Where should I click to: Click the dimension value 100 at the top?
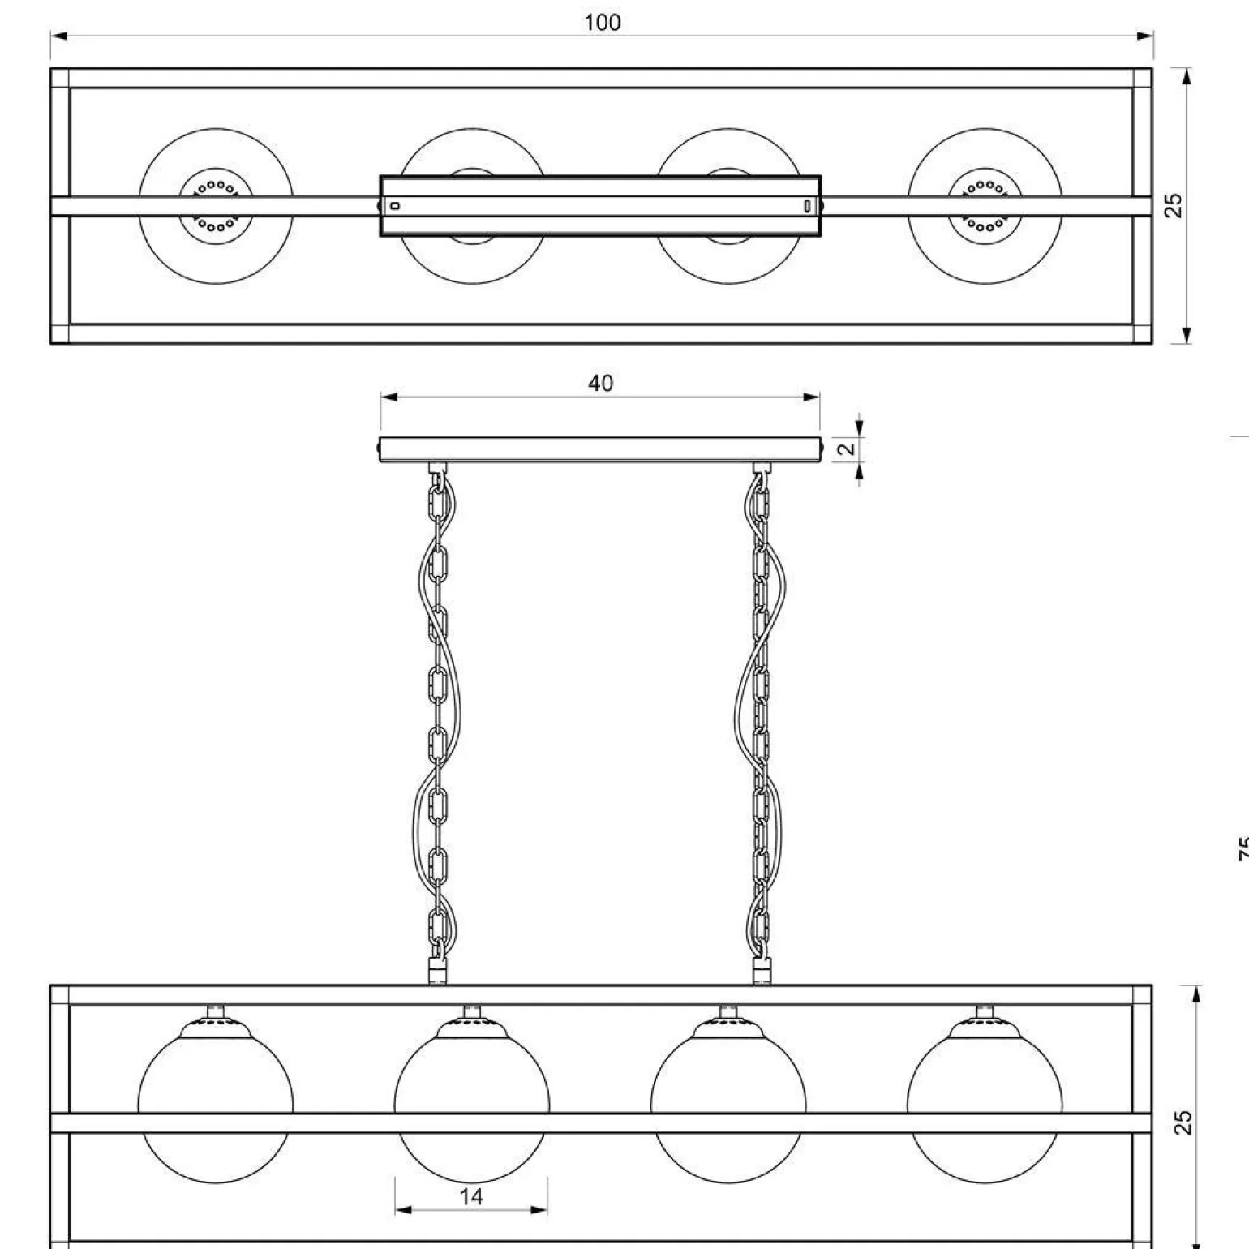tap(602, 23)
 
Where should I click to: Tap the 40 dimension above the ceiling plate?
tap(600, 383)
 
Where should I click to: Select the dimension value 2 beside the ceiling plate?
tap(847, 449)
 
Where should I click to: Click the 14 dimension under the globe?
tap(471, 1196)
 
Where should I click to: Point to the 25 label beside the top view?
tap(1174, 205)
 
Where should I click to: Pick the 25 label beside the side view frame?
tap(1183, 1122)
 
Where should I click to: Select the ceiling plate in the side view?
tap(600, 449)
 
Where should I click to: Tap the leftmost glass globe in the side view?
tap(216, 1079)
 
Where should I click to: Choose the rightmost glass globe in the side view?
tap(985, 1079)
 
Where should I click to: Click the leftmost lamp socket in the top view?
tap(216, 206)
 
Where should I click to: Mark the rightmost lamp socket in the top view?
tap(985, 206)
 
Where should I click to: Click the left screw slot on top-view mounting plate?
tap(395, 206)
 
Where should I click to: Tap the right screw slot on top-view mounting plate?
tap(806, 206)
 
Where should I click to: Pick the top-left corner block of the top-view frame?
tap(60, 78)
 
